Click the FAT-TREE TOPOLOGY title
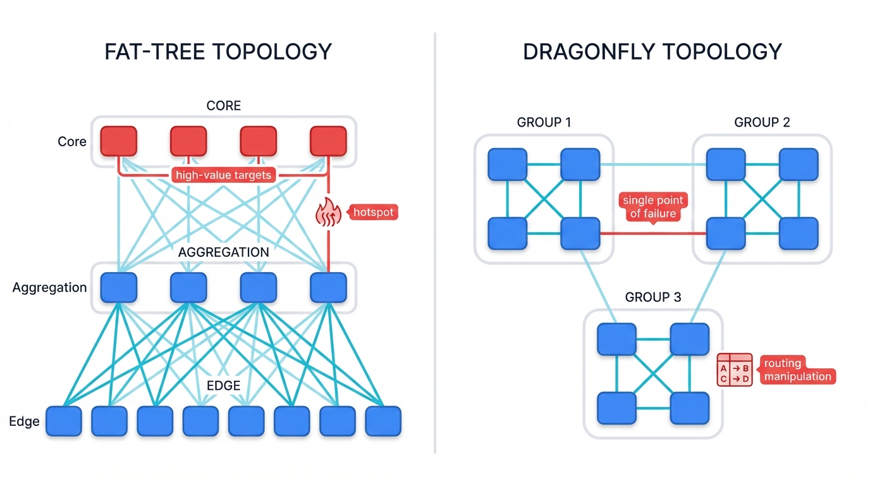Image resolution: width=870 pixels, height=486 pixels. (218, 51)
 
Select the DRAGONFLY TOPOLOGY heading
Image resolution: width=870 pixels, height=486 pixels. (652, 51)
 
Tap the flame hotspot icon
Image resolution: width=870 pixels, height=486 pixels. (328, 212)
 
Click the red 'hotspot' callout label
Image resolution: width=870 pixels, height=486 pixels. (374, 212)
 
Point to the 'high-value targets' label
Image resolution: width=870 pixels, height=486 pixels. (223, 175)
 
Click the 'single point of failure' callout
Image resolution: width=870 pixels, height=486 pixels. (653, 207)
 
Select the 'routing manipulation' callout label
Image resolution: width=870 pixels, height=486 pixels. (797, 370)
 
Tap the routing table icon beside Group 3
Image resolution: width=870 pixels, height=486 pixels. (735, 370)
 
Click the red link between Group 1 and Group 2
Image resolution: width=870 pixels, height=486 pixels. (653, 233)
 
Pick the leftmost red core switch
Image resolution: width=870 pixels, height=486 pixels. (119, 141)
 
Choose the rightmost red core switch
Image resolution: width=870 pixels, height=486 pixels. (328, 141)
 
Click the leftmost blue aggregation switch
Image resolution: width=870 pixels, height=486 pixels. (119, 287)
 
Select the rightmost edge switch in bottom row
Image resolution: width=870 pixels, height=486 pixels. (383, 421)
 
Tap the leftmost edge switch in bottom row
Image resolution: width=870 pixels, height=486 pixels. (64, 421)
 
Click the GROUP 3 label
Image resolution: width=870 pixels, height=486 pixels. (653, 297)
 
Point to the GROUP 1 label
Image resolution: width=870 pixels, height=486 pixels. (544, 122)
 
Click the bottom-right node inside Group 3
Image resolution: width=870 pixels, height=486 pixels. (690, 408)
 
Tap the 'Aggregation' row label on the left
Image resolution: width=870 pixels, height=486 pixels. (49, 287)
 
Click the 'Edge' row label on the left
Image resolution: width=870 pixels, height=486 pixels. (25, 421)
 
